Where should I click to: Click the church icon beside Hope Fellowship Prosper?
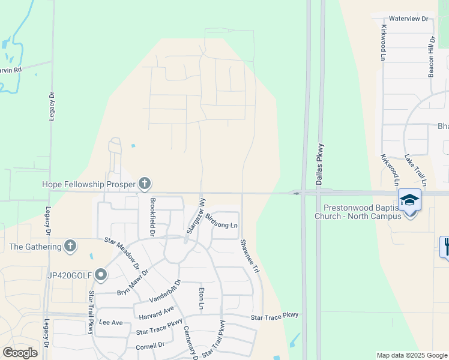(x=144, y=183)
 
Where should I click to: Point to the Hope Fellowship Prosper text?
(x=89, y=184)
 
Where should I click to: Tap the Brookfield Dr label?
(x=153, y=217)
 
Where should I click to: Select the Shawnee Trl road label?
(x=249, y=257)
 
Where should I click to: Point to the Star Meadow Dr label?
(x=122, y=251)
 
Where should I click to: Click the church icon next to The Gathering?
(x=71, y=245)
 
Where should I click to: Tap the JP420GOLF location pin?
(x=101, y=275)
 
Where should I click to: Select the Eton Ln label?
(x=202, y=299)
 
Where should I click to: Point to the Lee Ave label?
(x=110, y=323)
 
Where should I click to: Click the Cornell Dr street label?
(x=150, y=346)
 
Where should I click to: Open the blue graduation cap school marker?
(x=410, y=200)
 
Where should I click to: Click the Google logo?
(x=20, y=352)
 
